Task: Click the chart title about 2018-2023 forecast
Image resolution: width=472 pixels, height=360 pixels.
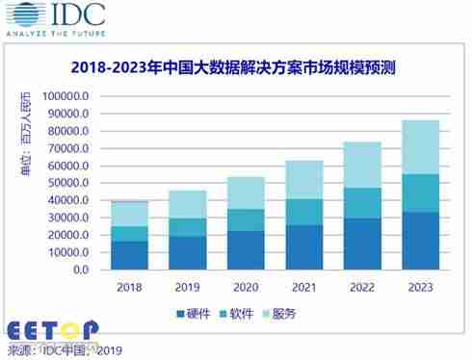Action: (236, 68)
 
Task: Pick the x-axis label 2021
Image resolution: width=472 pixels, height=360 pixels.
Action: (304, 286)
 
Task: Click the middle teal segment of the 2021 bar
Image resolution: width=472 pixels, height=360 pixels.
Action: (304, 212)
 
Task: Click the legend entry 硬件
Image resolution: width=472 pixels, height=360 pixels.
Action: (197, 315)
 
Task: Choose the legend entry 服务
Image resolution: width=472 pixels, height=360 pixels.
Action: (309, 315)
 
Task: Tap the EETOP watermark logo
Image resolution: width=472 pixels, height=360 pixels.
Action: (52, 330)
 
